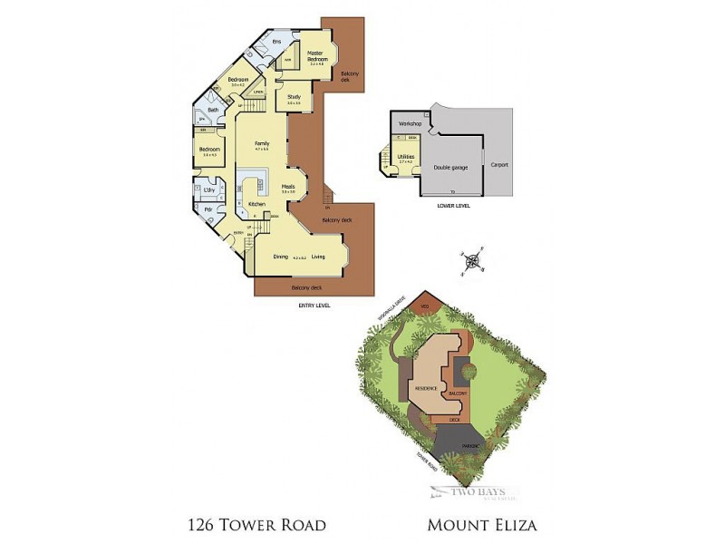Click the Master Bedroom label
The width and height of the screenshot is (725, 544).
click(316, 56)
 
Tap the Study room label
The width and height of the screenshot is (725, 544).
click(294, 96)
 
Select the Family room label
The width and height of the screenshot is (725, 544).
click(262, 143)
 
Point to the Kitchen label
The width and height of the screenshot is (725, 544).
click(256, 204)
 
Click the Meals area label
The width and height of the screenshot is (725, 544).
click(288, 187)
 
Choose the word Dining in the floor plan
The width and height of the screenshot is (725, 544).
click(281, 257)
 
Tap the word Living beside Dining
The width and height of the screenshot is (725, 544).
click(318, 257)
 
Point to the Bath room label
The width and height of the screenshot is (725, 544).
click(213, 110)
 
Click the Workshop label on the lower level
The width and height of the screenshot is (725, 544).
click(411, 122)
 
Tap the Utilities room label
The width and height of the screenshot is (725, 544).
click(405, 156)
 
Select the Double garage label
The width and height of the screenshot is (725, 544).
click(449, 167)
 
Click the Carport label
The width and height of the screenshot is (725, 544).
click(499, 164)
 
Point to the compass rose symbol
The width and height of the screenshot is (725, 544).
click(472, 263)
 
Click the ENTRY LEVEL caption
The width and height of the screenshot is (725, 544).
click(314, 306)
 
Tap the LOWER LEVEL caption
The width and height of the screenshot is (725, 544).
click(450, 205)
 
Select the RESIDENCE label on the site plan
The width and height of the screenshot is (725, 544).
click(426, 388)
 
